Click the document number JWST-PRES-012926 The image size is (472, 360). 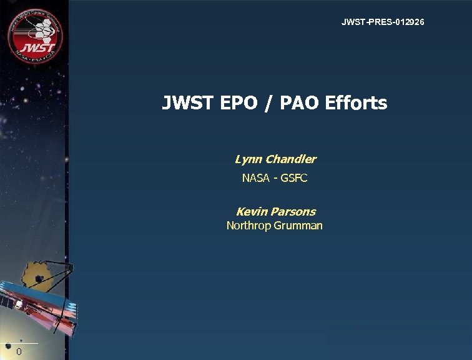pos(383,22)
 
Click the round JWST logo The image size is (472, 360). pos(35,35)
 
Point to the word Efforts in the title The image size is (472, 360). pos(356,102)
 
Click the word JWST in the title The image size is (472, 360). pos(187,102)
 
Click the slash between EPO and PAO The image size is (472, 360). pos(268,103)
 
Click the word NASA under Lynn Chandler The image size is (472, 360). pos(255,178)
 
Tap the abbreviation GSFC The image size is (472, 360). pos(294,178)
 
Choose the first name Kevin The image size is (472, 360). pos(251,212)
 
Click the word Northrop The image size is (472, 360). pos(248,226)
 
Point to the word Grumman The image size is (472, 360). pos(298,226)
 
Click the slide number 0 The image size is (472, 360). pos(19,352)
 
